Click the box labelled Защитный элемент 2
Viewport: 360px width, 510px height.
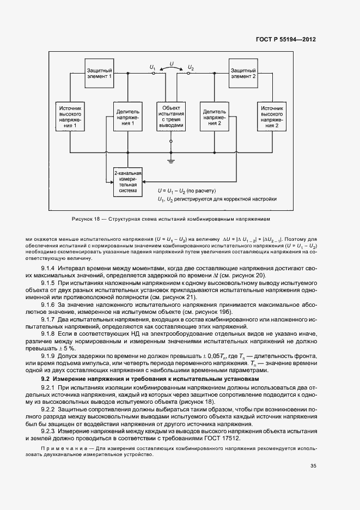pos(243,74)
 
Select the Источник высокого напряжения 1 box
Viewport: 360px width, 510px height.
pos(70,117)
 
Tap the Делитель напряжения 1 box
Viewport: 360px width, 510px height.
pos(128,117)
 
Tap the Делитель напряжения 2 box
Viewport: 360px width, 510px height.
pos(214,117)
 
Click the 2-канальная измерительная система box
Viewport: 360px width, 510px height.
pos(127,183)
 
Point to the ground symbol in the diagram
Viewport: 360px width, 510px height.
pos(171,161)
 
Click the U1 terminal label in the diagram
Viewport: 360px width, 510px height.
pos(153,68)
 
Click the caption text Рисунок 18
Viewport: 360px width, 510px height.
pos(85,219)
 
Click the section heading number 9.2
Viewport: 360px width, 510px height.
pos(46,378)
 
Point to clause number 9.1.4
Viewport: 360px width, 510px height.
pos(50,268)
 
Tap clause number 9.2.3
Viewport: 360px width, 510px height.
pos(50,431)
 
